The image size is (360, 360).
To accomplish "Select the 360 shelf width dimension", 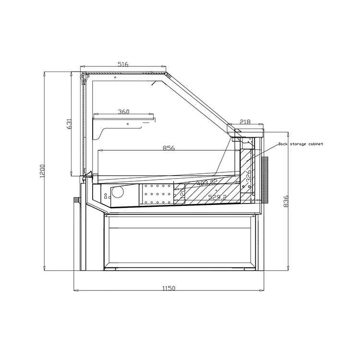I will pos(123,112).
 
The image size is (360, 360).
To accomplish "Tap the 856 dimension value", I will pos(168,148).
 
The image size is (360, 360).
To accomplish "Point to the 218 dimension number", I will pos(245,122).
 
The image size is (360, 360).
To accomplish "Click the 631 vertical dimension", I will pos(69,124).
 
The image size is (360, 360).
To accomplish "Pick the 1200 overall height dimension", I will pos(42,171).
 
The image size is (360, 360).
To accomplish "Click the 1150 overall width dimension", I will pos(168,288).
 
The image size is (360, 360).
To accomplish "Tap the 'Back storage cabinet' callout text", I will pos(300,144).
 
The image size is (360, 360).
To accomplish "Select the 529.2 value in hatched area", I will pos(217,197).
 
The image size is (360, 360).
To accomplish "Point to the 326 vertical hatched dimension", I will pos(249,175).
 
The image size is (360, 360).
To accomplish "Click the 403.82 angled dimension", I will pos(207,182).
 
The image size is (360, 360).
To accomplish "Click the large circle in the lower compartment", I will pos(117,192).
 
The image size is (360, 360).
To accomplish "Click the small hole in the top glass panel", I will pos(115,77).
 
